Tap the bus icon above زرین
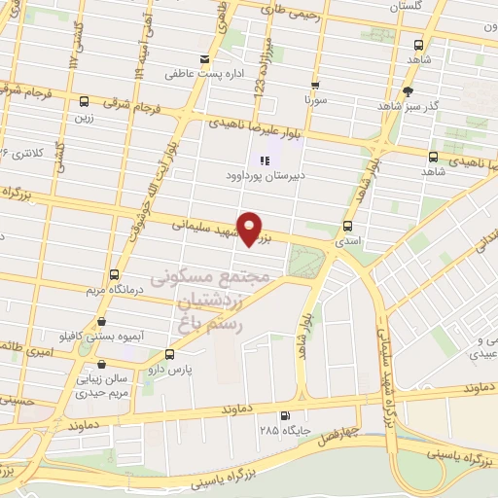pos(85,101)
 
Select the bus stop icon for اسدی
pos(347,226)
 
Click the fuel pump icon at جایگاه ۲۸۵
pos(285,412)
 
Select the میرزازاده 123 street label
pos(261,68)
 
